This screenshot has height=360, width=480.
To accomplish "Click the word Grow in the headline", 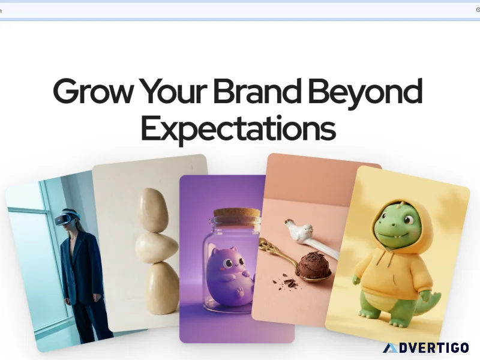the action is pos(93,91).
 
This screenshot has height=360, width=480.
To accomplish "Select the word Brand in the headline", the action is pos(257,91).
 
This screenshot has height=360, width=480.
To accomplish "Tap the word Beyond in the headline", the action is pos(365,94).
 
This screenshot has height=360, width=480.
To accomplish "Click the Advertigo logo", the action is pos(426,348).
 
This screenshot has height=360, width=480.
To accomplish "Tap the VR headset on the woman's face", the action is pos(66,218).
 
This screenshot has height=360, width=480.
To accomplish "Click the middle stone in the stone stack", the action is pos(157,247).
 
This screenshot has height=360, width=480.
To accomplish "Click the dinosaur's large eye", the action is pos(409,219).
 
